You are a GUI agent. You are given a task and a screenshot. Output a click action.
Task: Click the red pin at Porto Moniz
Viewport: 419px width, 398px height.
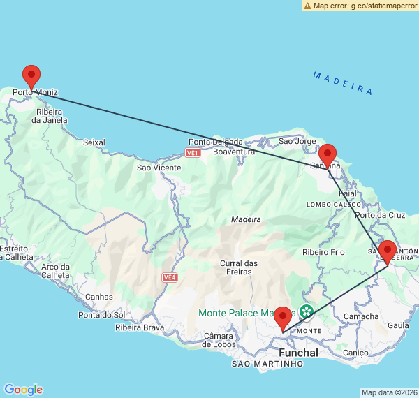(x=31, y=75)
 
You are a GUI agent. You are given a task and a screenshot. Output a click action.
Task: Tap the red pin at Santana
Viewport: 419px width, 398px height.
(x=328, y=155)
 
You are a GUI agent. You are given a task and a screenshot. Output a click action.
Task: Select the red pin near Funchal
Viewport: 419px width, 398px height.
(x=283, y=318)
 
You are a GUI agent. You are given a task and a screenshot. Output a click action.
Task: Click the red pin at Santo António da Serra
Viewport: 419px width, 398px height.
(x=388, y=251)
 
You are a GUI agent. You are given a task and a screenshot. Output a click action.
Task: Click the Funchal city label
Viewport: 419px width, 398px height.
(x=298, y=353)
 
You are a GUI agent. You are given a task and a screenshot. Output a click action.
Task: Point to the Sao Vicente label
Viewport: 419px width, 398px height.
(x=159, y=168)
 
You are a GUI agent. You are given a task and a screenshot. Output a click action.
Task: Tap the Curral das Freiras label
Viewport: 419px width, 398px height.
(x=239, y=267)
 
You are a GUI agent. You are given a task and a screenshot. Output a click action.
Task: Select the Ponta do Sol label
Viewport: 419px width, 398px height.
(x=102, y=315)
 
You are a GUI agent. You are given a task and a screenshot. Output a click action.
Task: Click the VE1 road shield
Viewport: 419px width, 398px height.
(x=193, y=152)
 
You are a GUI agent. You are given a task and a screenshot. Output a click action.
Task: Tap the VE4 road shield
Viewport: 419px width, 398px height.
(x=169, y=277)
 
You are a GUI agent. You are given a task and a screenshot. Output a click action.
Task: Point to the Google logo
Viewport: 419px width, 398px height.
(x=23, y=390)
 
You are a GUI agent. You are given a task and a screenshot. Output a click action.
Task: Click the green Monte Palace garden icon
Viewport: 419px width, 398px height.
(x=306, y=311)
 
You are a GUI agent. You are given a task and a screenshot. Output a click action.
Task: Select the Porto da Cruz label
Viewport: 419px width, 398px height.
(x=380, y=215)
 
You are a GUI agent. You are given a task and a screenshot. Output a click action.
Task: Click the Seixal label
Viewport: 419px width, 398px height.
(x=94, y=142)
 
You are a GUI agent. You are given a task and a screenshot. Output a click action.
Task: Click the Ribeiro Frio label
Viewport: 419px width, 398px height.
(x=323, y=252)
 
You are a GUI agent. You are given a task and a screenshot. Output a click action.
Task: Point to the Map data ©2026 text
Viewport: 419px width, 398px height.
(x=389, y=392)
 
